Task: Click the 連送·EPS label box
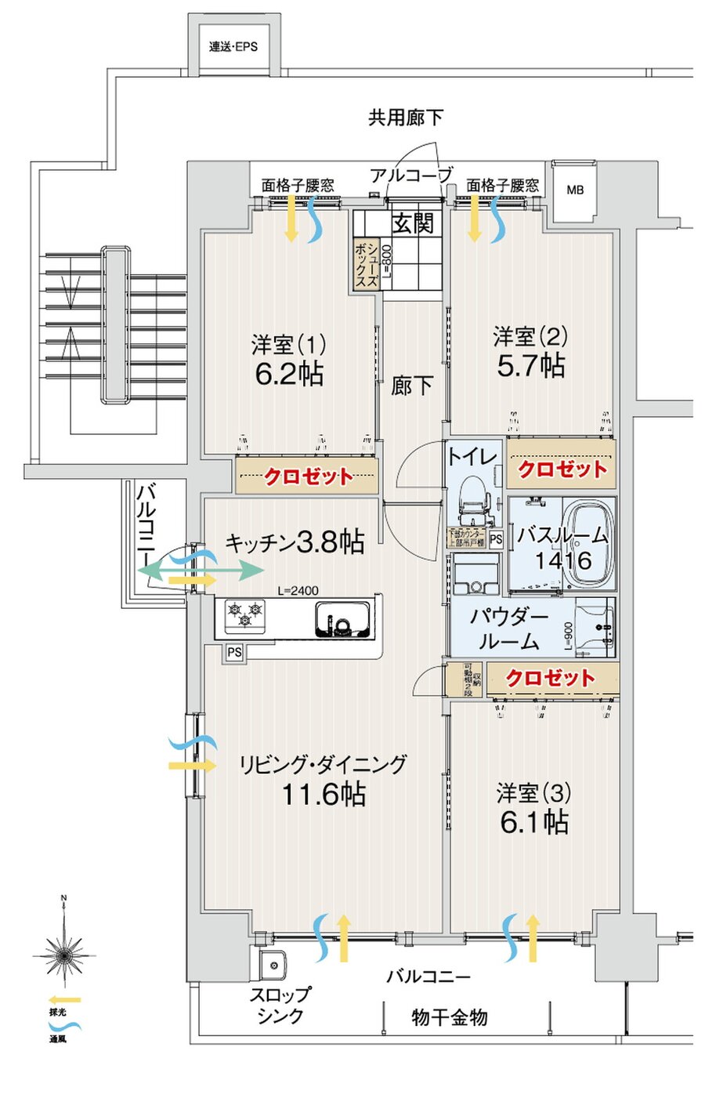(x=233, y=46)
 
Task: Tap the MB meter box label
(x=575, y=190)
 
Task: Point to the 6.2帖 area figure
(x=289, y=374)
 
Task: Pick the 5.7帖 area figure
(x=531, y=365)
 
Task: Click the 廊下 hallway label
(x=411, y=385)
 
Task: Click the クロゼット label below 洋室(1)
(x=308, y=477)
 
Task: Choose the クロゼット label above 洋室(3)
(x=550, y=678)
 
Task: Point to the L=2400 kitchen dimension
(x=298, y=591)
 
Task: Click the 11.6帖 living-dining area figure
(x=324, y=794)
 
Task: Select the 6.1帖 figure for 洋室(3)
(x=533, y=821)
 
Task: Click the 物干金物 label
(x=450, y=1017)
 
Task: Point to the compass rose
(x=63, y=954)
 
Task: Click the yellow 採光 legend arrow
(x=63, y=1000)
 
